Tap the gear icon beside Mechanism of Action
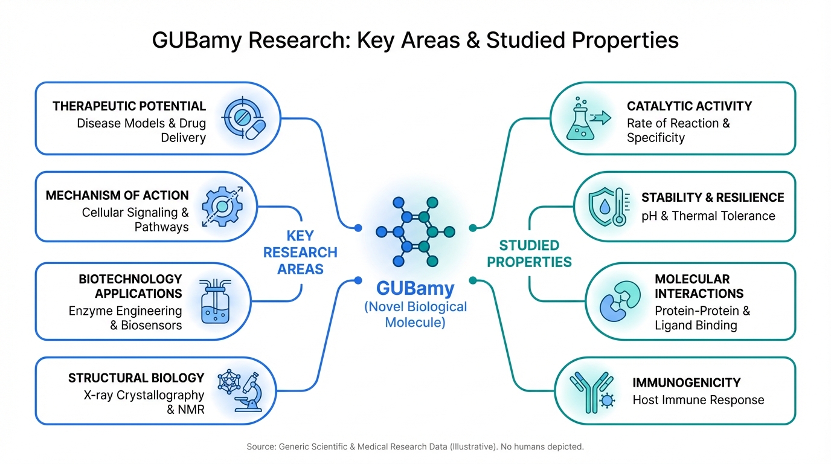click(x=222, y=207)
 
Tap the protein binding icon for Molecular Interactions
click(x=619, y=301)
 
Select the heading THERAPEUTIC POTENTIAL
click(x=129, y=106)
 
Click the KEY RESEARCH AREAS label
click(x=300, y=253)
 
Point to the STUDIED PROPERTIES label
click(x=529, y=254)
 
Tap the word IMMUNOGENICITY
click(x=687, y=383)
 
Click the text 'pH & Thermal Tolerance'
click(x=708, y=216)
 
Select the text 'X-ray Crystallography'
click(x=144, y=395)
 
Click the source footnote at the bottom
click(x=415, y=447)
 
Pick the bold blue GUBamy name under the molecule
click(x=415, y=288)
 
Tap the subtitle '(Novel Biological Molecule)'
click(x=415, y=314)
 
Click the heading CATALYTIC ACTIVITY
click(x=689, y=106)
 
